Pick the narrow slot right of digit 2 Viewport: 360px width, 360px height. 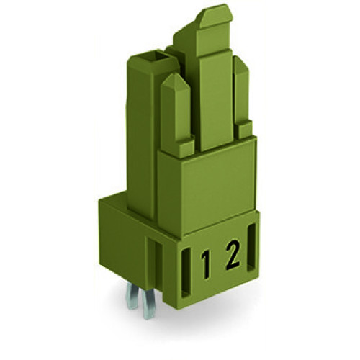[x=251, y=259]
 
